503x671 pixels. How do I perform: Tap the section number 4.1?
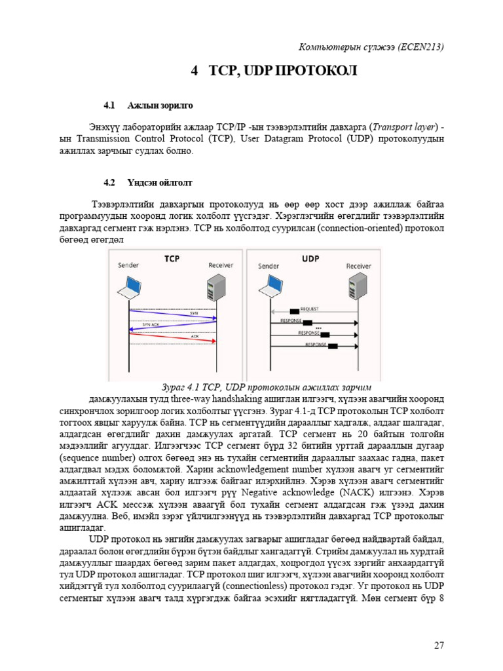(109, 105)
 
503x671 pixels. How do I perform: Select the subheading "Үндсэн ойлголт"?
(160, 182)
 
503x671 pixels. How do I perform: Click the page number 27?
(439, 645)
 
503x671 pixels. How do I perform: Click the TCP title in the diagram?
(172, 259)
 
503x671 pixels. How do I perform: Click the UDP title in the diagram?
(310, 259)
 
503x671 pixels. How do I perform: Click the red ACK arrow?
(173, 337)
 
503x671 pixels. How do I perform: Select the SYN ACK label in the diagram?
(151, 324)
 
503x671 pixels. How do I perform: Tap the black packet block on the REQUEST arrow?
(295, 311)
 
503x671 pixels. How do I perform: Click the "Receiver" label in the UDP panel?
(358, 266)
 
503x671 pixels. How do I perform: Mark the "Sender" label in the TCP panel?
(128, 266)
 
